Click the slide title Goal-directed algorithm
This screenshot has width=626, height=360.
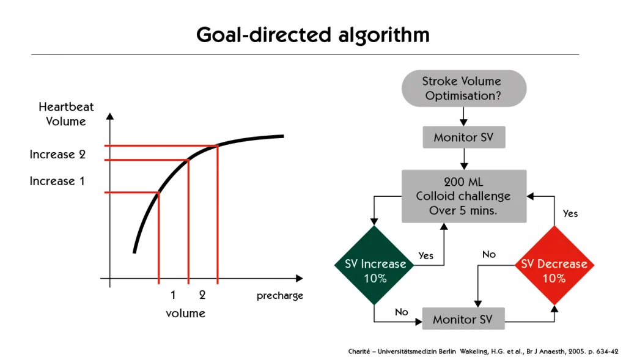[312, 35]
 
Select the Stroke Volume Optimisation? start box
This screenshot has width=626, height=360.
[463, 88]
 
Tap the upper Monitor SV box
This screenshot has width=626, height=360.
[464, 138]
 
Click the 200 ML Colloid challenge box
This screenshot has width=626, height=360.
[464, 196]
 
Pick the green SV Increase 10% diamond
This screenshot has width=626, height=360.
[375, 265]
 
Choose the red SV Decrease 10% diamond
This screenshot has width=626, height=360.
[554, 265]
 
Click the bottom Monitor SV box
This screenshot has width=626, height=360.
[463, 318]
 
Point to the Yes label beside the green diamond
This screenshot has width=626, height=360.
[425, 255]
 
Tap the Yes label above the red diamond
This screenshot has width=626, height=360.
[570, 213]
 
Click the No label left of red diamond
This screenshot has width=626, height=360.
[488, 254]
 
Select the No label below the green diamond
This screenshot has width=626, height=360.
[401, 312]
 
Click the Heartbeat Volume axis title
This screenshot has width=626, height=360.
[66, 114]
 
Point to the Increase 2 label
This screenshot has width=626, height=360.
[57, 155]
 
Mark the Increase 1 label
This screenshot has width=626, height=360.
[57, 181]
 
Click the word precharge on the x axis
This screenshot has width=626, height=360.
[280, 296]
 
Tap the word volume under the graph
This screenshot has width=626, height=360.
[186, 314]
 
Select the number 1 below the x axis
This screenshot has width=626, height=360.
[173, 295]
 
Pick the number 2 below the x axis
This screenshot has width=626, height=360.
[202, 295]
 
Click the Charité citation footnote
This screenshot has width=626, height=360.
[483, 351]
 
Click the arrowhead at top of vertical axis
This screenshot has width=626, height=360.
[110, 116]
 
